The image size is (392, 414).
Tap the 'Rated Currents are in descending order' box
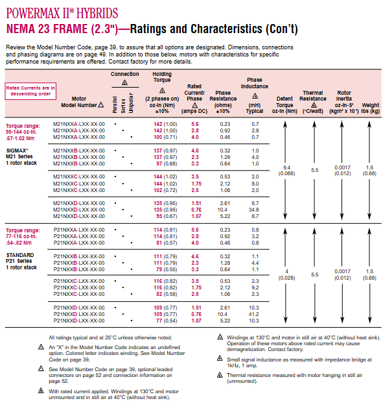click(x=30, y=90)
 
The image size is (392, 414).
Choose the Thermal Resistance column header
click(x=313, y=101)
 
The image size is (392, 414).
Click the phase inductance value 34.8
click(x=255, y=210)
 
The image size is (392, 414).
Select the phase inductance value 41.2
click(x=255, y=314)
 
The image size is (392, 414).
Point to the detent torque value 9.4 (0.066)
click(x=287, y=170)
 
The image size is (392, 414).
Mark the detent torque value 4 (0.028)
click(x=287, y=274)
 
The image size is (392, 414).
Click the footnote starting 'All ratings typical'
click(x=111, y=337)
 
